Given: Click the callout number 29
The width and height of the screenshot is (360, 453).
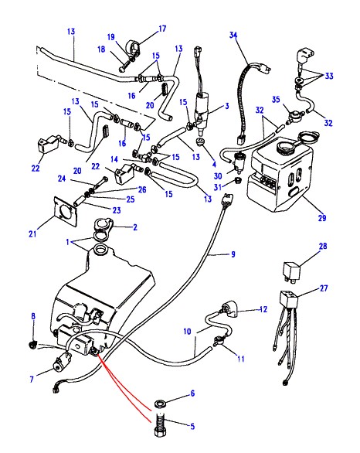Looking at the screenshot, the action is point(322,218).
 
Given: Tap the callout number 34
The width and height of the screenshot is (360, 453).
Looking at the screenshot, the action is point(233,36).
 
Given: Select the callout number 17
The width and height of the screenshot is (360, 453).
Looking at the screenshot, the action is point(162,29).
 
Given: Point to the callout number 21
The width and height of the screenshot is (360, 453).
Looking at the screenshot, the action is point(32,233).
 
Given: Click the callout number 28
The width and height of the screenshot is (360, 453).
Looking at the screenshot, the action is point(323,246).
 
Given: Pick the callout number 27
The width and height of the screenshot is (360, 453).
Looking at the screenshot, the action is point(324,288).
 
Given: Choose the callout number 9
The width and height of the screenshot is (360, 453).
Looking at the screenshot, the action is point(233,254).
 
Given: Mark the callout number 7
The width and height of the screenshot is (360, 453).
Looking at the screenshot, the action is point(32,379).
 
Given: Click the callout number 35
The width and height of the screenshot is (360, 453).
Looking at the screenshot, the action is point(276,100).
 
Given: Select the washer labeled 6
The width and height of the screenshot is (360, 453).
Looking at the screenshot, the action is point(159,404).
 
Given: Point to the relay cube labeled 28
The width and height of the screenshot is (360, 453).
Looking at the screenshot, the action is point(290,271).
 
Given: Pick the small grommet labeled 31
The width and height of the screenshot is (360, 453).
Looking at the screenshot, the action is point(238,181).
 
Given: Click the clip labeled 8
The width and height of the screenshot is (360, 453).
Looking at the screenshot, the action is point(33,344).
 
